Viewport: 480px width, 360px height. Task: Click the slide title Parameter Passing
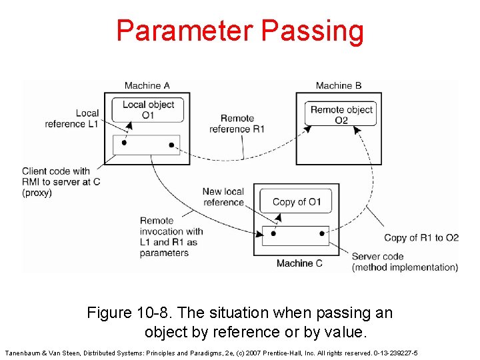pos(240,31)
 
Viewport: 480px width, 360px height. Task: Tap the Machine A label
pos(147,85)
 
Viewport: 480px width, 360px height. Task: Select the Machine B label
pos(338,85)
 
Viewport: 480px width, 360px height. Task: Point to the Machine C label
pos(299,263)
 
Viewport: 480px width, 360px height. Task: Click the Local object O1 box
pos(148,109)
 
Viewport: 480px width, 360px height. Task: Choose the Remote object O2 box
pos(341,114)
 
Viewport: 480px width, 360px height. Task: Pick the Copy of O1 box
pos(296,202)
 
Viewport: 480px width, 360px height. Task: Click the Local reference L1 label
pos(71,119)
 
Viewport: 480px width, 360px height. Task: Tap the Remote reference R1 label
pos(237,123)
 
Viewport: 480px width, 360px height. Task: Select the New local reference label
pos(223,197)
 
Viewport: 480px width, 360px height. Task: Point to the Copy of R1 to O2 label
pos(421,238)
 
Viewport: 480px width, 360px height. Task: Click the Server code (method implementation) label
pos(405,262)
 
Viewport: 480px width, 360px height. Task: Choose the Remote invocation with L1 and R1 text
pos(171,237)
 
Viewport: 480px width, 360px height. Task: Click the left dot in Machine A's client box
pos(124,143)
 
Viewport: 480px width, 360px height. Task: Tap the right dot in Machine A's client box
pos(171,145)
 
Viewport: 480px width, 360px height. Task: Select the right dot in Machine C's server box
pos(322,233)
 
